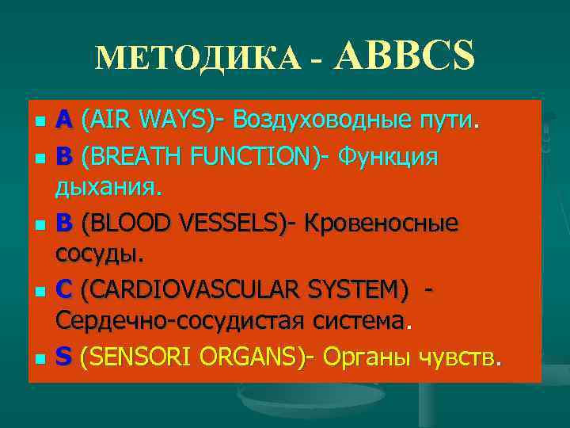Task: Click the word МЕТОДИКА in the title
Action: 197,56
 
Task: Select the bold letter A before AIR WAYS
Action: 64,120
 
